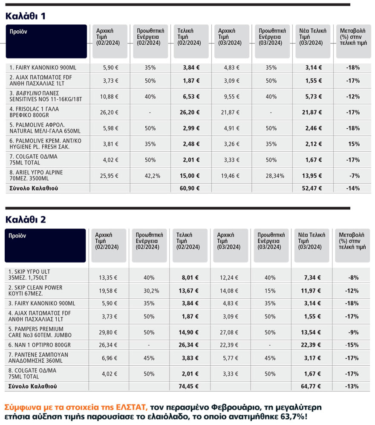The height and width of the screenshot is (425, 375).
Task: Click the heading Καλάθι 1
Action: point(26,16)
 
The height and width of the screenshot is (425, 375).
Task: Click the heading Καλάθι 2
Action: point(26,220)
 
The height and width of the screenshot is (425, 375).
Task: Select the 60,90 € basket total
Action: point(191,188)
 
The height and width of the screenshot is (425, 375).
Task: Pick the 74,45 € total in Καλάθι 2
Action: point(190,386)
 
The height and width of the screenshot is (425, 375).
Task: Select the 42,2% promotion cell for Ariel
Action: point(150,176)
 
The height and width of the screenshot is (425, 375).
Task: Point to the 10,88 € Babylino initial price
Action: point(109,96)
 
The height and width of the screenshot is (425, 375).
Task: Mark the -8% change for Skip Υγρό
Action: point(354,278)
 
